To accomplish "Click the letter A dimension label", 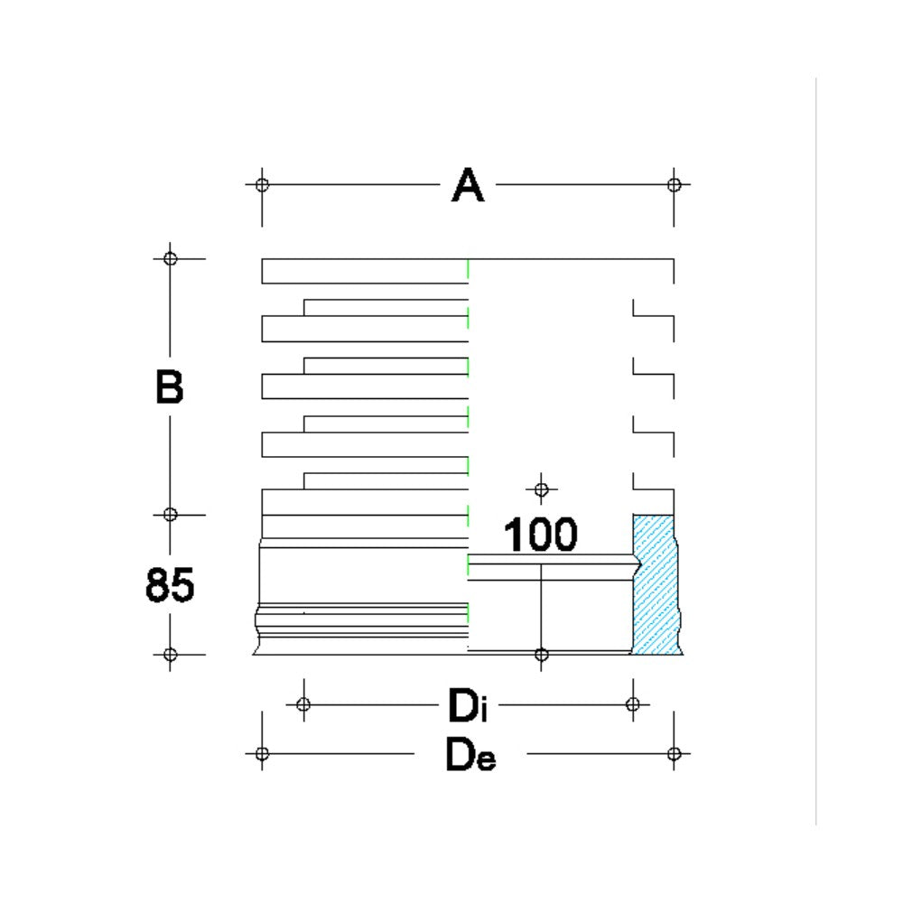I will tap(468, 186).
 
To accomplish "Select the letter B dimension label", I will tap(169, 387).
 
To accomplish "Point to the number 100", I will tap(540, 535).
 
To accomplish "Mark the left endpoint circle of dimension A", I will tap(262, 185).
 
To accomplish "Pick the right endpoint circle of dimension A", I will tap(674, 185).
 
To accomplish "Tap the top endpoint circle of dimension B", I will tap(171, 258).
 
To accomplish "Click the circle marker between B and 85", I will tap(171, 515).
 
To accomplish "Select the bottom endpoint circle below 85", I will tap(171, 654).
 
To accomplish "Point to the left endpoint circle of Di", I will tap(303, 704).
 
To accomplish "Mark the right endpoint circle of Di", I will tap(633, 704).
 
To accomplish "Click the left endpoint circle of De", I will tap(262, 753).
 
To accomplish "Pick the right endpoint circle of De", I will tap(674, 753).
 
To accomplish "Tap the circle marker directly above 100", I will tap(541, 490).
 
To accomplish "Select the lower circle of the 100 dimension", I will tap(541, 654).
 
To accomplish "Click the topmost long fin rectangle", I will tap(365, 271).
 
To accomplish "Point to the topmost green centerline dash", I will tap(468, 269).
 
